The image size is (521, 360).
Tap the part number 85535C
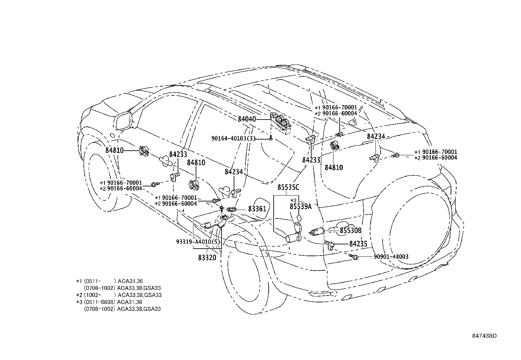288,187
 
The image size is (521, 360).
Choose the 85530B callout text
350,231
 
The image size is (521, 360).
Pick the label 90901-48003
391,257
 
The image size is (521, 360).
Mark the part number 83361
257,209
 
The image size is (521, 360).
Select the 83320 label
207,257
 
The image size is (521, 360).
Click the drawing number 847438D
484,336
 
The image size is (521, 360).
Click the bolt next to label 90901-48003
354,256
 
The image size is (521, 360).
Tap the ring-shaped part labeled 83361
232,209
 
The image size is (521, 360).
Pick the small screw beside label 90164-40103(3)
271,139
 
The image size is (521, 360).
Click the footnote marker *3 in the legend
79,302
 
